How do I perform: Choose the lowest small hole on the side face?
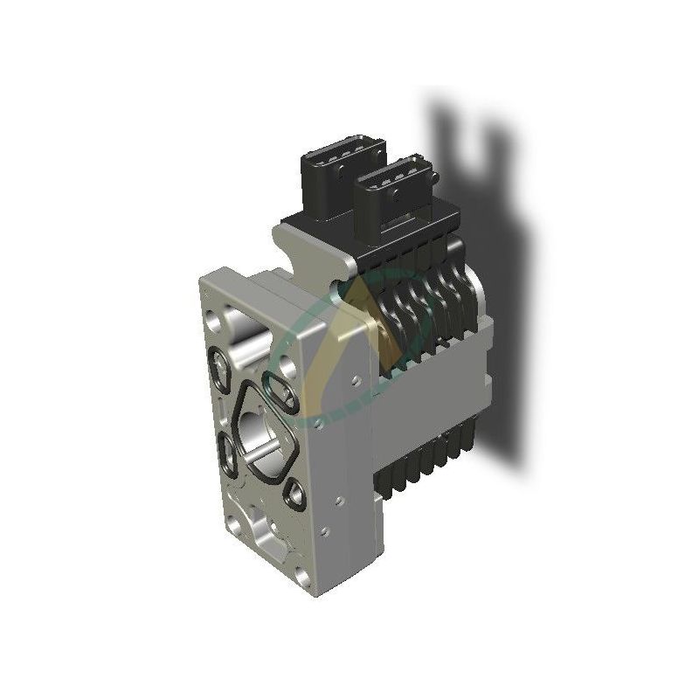tap(324, 529)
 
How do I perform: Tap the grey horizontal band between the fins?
tap(437, 367)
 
